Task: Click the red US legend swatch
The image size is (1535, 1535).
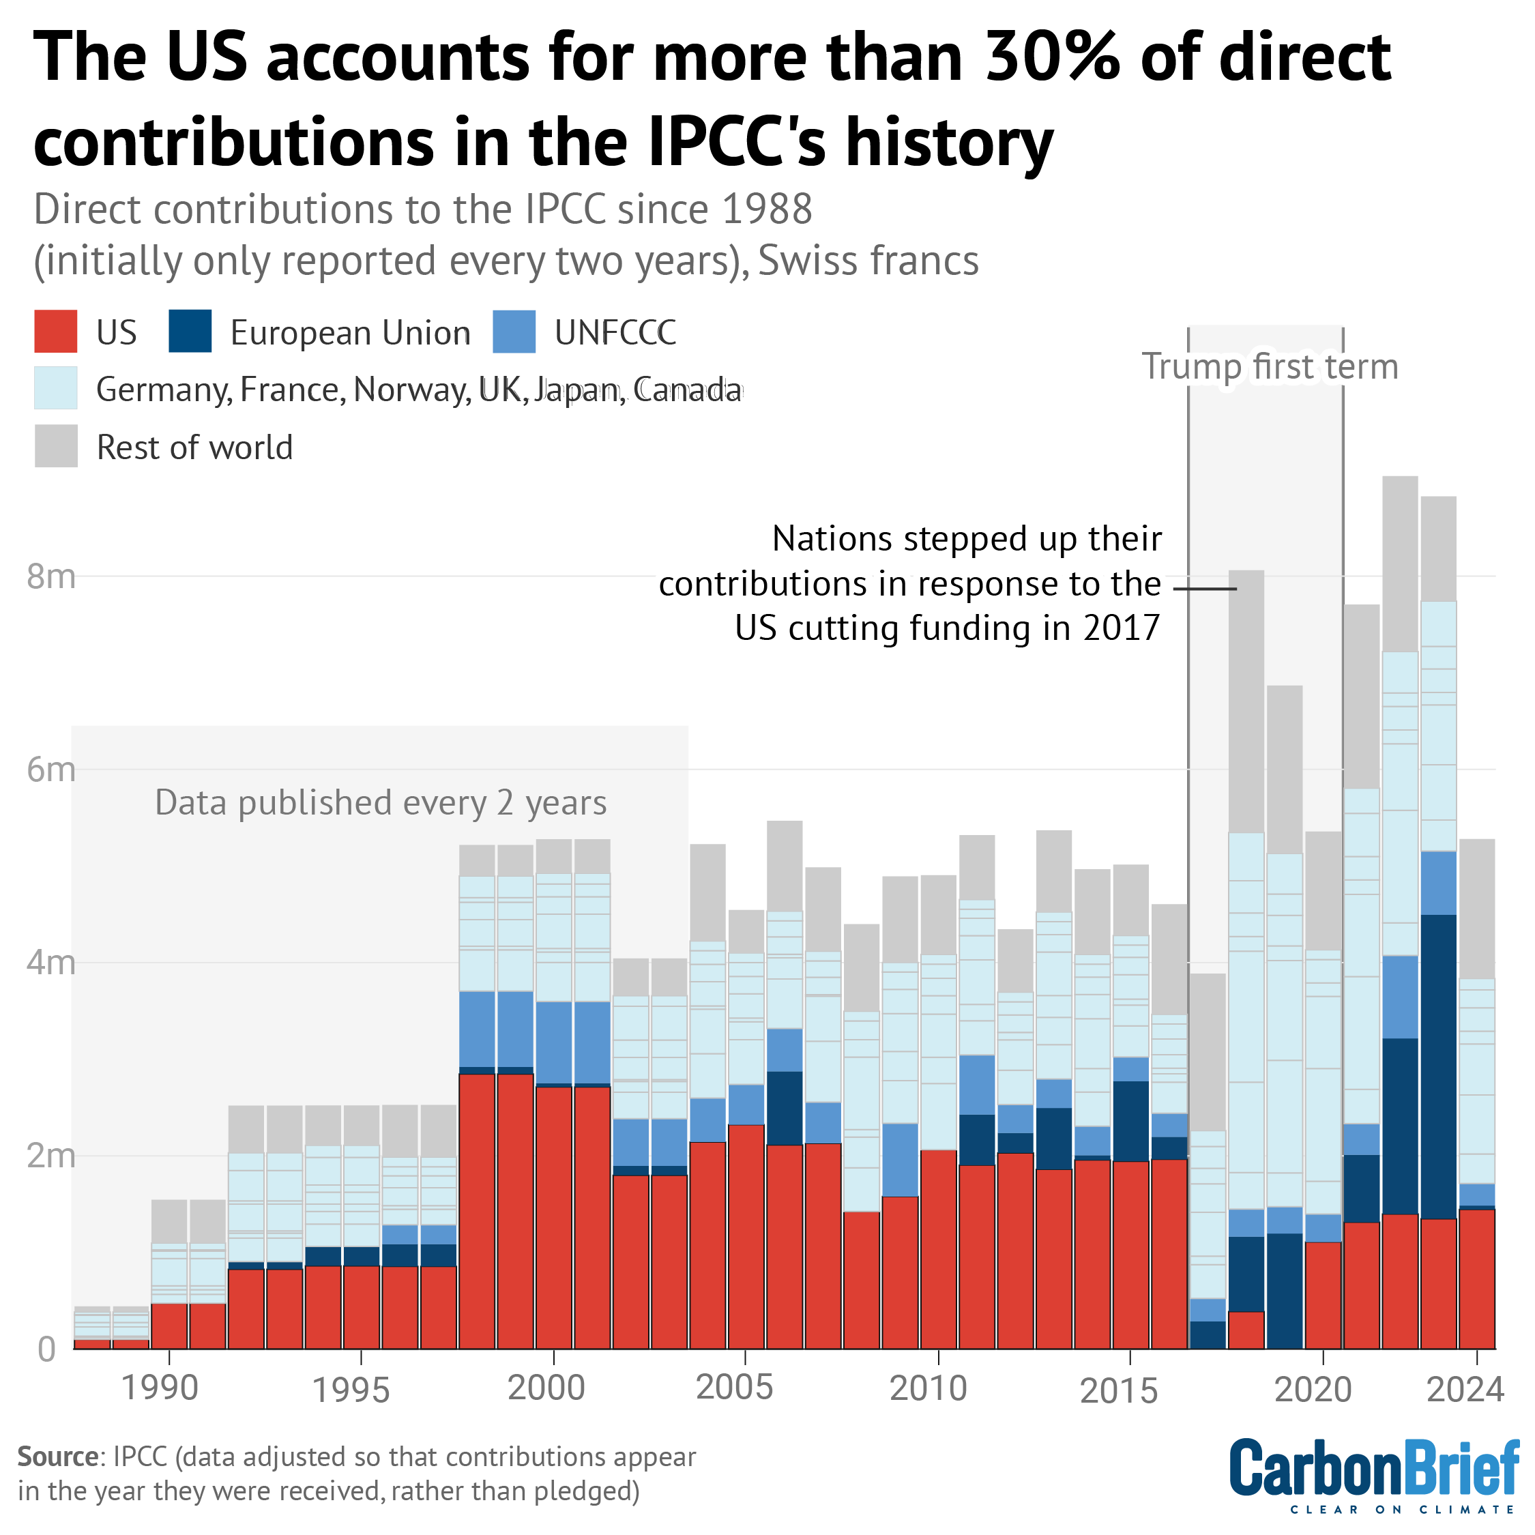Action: [x=56, y=332]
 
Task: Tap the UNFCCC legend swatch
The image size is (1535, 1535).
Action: [x=514, y=332]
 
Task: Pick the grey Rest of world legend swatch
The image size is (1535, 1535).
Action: [x=56, y=445]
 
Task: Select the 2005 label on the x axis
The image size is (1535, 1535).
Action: [x=734, y=1387]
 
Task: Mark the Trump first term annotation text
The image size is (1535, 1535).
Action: [x=1270, y=367]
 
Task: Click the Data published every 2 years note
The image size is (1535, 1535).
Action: [x=381, y=803]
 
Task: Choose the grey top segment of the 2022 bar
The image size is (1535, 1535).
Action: [x=1400, y=564]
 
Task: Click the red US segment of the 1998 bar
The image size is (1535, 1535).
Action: [x=477, y=1211]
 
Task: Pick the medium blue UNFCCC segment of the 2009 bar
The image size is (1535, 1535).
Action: [x=900, y=1160]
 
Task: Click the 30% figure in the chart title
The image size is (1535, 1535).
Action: [x=1052, y=57]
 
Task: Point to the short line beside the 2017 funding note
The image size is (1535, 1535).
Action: [x=1205, y=589]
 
